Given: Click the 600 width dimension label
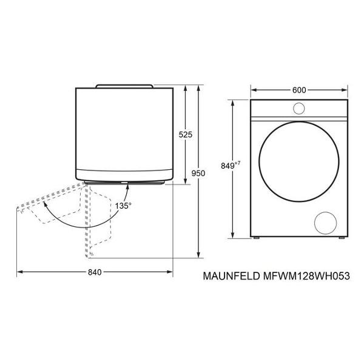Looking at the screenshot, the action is click(299, 90).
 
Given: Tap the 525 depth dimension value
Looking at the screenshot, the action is click(186, 135).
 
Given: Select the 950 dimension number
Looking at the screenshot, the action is click(198, 173).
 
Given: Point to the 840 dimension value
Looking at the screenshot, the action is click(95, 272).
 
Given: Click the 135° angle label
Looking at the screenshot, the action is click(123, 206).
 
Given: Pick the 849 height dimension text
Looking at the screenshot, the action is click(227, 166).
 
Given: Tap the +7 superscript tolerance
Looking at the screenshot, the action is click(237, 163).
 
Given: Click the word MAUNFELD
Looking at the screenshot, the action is click(232, 276).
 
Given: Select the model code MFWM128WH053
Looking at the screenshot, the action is click(306, 276).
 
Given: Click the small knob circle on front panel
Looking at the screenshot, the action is click(299, 109).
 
